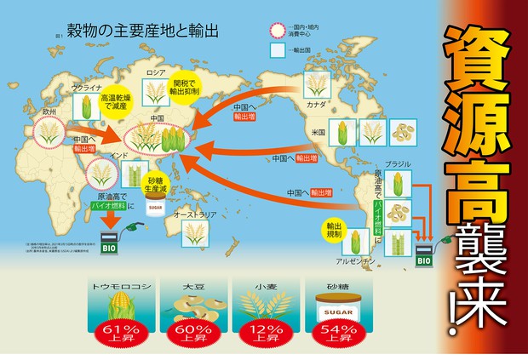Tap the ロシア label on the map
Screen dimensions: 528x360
[157, 73]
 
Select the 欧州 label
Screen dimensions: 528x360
[49, 112]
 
